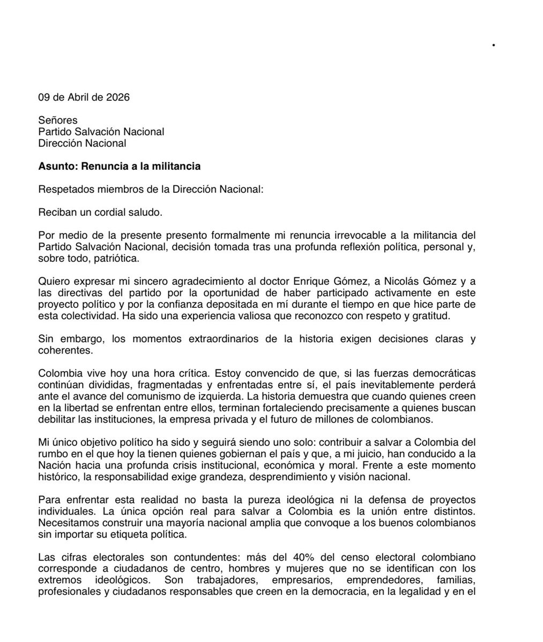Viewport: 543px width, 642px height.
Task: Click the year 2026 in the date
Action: tap(118, 97)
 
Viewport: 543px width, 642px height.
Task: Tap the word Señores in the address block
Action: tap(57, 120)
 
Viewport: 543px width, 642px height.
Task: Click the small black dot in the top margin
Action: tap(494, 46)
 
